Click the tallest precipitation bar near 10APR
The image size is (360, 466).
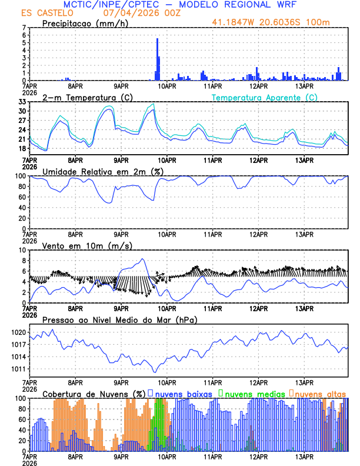point(157,59)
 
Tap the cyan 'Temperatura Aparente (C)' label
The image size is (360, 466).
point(264,97)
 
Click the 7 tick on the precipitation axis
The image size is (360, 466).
point(24,28)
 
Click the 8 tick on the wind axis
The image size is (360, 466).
point(24,261)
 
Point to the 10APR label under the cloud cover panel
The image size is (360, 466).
point(167,456)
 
